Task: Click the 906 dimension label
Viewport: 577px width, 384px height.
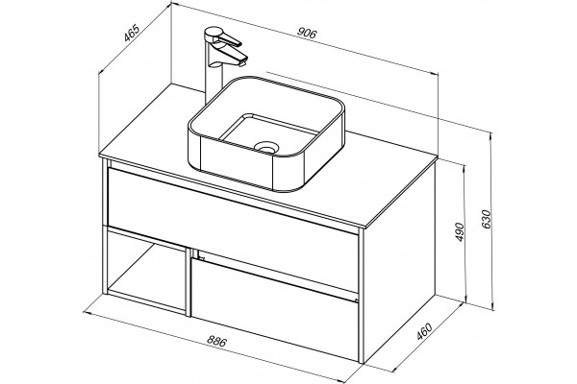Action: pyautogui.click(x=307, y=33)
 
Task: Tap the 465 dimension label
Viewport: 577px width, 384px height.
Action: pyautogui.click(x=132, y=33)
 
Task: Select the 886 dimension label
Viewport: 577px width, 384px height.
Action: pyautogui.click(x=216, y=342)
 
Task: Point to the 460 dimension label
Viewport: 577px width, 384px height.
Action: pyautogui.click(x=424, y=331)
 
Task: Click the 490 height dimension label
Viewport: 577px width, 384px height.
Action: pyautogui.click(x=460, y=232)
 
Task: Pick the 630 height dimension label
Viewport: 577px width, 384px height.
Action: pyautogui.click(x=486, y=219)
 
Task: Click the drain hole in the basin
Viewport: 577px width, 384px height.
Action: pyautogui.click(x=265, y=148)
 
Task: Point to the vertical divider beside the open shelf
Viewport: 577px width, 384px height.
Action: pyautogui.click(x=188, y=282)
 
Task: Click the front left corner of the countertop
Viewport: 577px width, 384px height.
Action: pyautogui.click(x=100, y=156)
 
